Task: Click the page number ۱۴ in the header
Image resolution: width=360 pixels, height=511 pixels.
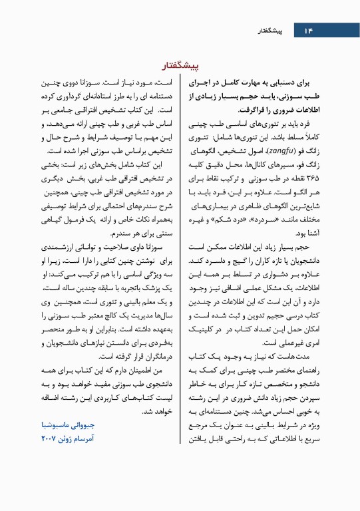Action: click(x=307, y=31)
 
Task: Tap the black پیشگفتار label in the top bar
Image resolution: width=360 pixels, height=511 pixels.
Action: click(x=272, y=31)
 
